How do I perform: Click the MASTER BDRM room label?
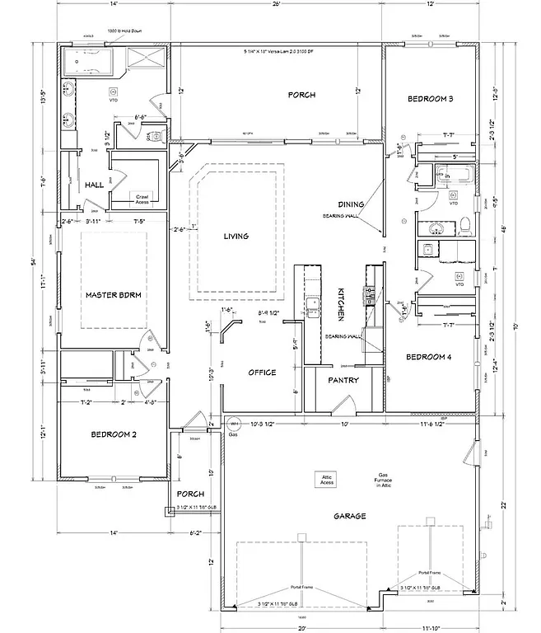(x=115, y=294)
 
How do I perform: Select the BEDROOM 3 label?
(x=431, y=100)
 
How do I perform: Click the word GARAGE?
(x=349, y=517)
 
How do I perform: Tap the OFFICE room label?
(x=262, y=373)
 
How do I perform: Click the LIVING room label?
(x=236, y=237)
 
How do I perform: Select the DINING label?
(x=351, y=204)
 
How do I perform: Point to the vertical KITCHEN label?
(x=341, y=304)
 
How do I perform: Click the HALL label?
(x=94, y=185)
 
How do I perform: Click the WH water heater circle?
(x=234, y=425)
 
